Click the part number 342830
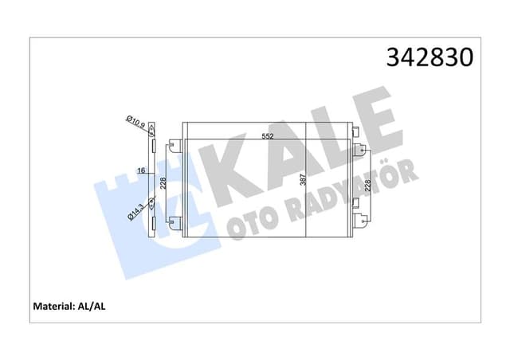coord(430,58)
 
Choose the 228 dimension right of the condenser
coord(367,186)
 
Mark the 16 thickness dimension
coord(142,170)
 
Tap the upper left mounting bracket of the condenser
coord(175,145)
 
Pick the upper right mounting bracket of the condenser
coord(359,148)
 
